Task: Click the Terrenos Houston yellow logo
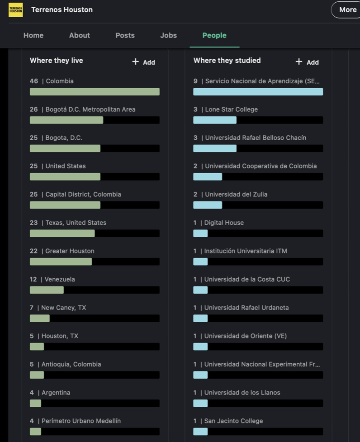pos(15,10)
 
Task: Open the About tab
pos(79,35)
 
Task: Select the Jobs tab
pos(168,35)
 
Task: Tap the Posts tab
pos(125,35)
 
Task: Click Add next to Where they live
pos(144,62)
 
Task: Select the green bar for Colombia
pos(95,92)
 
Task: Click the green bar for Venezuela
pos(47,290)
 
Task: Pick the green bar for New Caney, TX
pos(40,318)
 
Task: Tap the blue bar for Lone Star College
pos(215,120)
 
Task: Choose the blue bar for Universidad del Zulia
pos(208,205)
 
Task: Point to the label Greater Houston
pos(70,251)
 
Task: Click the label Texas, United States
pos(76,222)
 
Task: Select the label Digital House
pos(224,222)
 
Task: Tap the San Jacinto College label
pos(233,421)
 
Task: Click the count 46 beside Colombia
pos(34,81)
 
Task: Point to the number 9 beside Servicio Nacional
pos(195,81)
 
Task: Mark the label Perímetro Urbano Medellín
pos(81,421)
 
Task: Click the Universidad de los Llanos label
pos(242,392)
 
